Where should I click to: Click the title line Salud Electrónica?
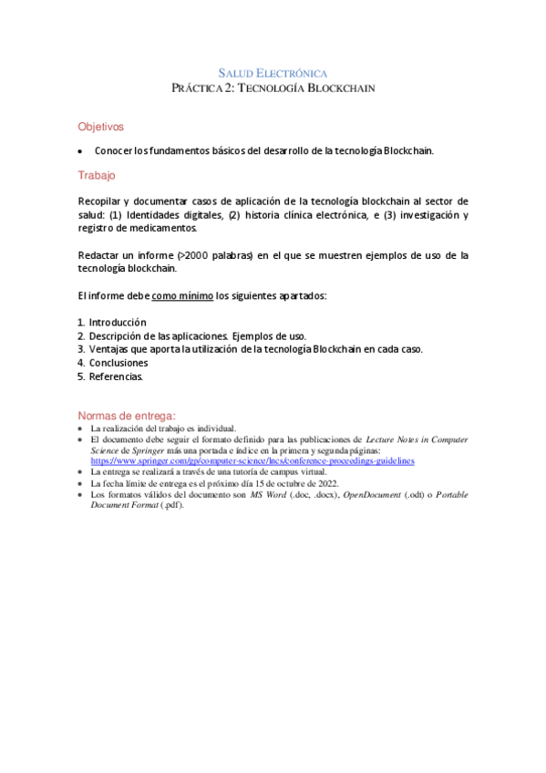(273, 72)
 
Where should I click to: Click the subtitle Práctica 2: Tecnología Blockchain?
(273, 88)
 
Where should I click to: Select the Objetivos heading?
(100, 127)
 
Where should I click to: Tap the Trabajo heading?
(97, 174)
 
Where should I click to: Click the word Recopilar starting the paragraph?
(101, 201)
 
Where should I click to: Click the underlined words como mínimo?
(182, 296)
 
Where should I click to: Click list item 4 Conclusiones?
(118, 362)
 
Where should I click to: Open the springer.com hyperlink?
(252, 461)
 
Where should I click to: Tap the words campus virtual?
(295, 472)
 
